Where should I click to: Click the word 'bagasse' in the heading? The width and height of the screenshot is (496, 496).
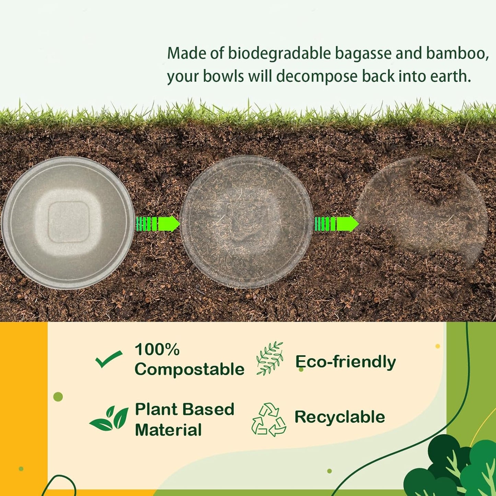[363, 54]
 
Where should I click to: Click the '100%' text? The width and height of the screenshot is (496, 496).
[157, 349]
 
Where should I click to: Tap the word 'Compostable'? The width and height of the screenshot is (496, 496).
[189, 369]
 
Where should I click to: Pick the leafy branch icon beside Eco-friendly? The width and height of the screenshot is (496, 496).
[270, 358]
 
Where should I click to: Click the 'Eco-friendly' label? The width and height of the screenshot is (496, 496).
[345, 362]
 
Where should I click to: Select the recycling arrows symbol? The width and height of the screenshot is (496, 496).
[269, 419]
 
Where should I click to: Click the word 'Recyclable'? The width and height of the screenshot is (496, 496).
[339, 417]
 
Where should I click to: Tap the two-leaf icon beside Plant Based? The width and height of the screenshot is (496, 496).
[109, 418]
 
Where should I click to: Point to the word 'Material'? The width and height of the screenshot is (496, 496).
[168, 430]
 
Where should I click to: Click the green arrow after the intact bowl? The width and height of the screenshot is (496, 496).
[158, 224]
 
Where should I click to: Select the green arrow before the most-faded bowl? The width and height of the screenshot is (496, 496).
[337, 224]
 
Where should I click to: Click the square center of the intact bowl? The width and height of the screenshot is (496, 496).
[68, 222]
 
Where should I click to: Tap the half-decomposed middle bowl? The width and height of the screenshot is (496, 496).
[246, 222]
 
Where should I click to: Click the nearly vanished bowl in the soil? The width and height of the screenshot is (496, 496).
[422, 213]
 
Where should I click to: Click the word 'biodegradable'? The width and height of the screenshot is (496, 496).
[279, 54]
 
